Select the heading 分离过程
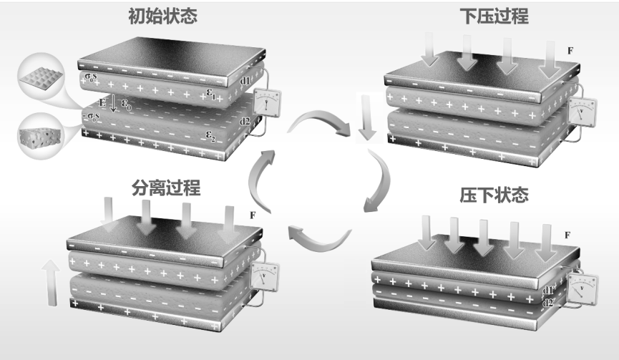[166, 188]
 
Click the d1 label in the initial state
[245, 81]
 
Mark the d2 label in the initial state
[245, 122]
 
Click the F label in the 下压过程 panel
[570, 52]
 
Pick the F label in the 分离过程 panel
[252, 215]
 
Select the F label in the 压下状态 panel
[567, 235]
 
